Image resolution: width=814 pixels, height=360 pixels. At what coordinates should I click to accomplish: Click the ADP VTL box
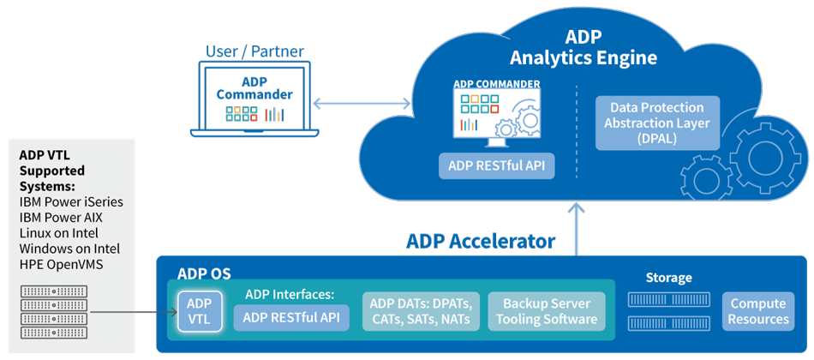tap(200, 311)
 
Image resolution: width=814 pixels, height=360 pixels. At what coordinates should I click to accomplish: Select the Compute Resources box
tap(758, 311)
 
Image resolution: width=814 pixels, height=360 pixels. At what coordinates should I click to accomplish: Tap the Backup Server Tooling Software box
tap(547, 311)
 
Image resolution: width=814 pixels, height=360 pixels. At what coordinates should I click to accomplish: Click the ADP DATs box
tap(421, 311)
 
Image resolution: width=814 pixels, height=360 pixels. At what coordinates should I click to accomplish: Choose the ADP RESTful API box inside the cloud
tap(496, 166)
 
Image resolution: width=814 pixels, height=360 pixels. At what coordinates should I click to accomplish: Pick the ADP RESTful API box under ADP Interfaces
tap(291, 317)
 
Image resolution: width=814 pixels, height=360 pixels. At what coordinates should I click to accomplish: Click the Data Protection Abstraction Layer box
tap(657, 123)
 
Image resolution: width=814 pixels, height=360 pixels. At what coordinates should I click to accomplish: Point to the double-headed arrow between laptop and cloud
tap(362, 104)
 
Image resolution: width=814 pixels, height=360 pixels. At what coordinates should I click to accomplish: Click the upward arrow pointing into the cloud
tap(577, 229)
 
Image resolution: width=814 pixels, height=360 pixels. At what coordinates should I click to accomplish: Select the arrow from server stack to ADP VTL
tap(132, 312)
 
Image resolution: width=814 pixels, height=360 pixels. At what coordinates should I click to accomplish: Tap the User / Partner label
tap(254, 51)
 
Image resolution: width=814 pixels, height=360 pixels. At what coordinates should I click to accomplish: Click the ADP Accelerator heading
tap(481, 242)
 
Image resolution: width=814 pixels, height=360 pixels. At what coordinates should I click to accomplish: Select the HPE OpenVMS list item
tap(61, 264)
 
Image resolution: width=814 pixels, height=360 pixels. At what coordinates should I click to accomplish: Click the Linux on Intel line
tap(58, 233)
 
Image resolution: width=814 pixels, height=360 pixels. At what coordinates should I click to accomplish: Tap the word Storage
tap(668, 278)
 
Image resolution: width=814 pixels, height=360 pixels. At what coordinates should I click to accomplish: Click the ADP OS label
tap(205, 273)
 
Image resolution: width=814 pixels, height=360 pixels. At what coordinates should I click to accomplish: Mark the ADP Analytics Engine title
tap(583, 47)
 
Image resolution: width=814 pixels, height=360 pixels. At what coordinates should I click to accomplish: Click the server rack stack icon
tap(53, 312)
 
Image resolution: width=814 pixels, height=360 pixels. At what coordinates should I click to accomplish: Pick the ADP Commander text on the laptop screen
tap(254, 89)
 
